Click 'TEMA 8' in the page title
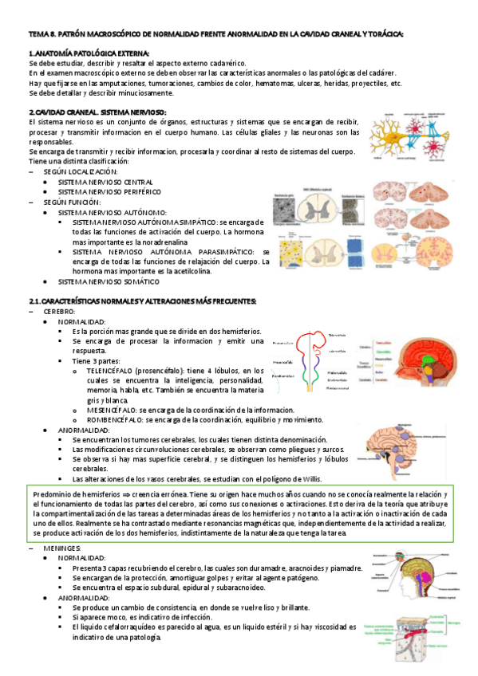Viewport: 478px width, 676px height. [x=39, y=33]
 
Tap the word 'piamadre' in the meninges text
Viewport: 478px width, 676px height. [x=344, y=568]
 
